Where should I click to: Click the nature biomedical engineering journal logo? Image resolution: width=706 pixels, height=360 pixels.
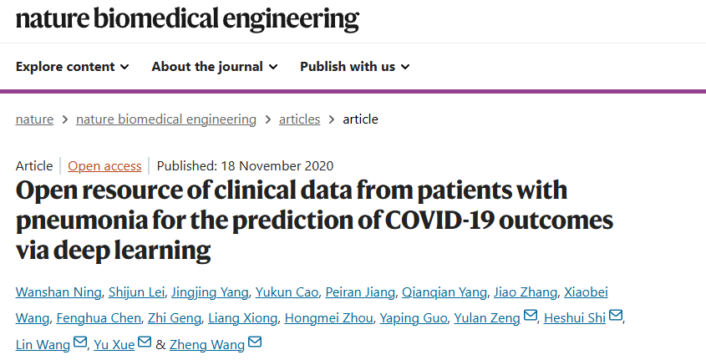(x=187, y=18)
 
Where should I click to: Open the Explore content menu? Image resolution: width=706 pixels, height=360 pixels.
(x=72, y=66)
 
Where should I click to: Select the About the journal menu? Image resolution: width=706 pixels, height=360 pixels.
(x=214, y=66)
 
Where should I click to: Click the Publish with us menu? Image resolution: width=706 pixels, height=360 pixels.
(x=354, y=66)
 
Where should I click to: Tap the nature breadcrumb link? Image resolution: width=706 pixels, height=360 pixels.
(x=34, y=119)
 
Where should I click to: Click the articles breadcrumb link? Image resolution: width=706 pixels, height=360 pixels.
(x=299, y=119)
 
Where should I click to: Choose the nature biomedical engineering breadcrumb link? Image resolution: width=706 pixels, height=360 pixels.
(x=166, y=119)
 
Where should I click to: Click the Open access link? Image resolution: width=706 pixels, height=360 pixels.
(x=104, y=165)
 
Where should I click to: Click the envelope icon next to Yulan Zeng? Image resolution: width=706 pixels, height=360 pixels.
(x=530, y=317)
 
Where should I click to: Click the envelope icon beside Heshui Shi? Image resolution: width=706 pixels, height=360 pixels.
(x=617, y=317)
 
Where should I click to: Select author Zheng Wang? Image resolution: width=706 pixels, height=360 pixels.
(x=206, y=343)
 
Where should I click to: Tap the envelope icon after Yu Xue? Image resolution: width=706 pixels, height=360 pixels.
(x=145, y=343)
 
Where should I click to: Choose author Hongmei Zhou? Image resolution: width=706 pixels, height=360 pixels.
(x=328, y=318)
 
